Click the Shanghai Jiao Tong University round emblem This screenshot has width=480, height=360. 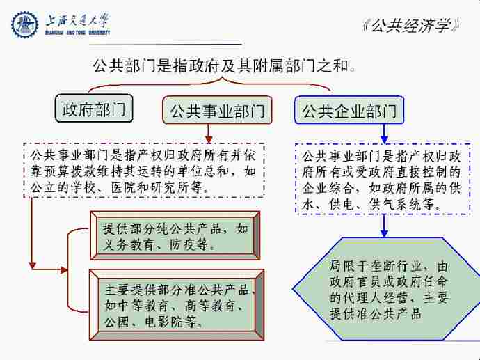(24, 24)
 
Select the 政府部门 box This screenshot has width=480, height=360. (94, 108)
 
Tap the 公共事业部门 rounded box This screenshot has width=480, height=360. (217, 110)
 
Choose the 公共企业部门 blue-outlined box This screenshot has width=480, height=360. (349, 110)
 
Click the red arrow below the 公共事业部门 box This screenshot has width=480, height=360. (209, 134)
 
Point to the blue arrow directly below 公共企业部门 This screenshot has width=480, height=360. (384, 134)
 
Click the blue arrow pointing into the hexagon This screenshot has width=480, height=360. (384, 226)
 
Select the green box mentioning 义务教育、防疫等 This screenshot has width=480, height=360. (175, 235)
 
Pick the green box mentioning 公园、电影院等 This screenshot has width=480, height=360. (177, 305)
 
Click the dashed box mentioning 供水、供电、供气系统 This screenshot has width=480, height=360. (383, 179)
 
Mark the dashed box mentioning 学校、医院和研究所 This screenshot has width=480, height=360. (144, 170)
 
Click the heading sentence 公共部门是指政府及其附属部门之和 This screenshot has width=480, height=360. (224, 65)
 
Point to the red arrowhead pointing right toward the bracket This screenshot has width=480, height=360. (64, 270)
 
